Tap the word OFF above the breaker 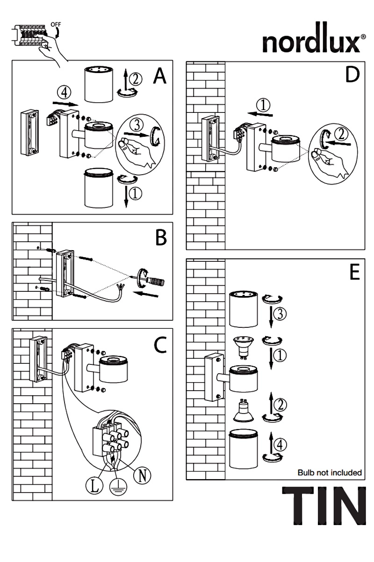tap(56, 24)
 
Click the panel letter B tap(161, 237)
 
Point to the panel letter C tap(160, 345)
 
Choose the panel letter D tap(352, 74)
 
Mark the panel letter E tap(355, 272)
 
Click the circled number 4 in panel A tap(64, 93)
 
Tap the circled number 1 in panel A tap(135, 194)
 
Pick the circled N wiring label tap(142, 475)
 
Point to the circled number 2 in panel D tap(341, 134)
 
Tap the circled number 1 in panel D tap(263, 105)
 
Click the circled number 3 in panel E tap(280, 313)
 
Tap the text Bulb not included tap(330, 473)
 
